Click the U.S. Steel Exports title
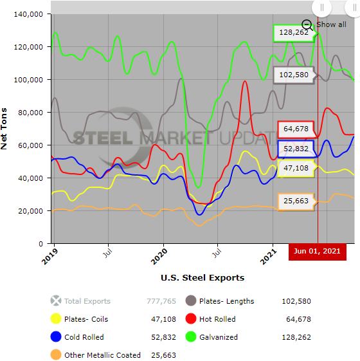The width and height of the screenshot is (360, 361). pyautogui.click(x=203, y=278)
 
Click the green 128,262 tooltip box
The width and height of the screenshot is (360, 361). pyautogui.click(x=293, y=32)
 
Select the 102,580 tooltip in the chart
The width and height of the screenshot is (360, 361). pyautogui.click(x=294, y=75)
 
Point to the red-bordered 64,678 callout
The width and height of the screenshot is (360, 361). pyautogui.click(x=296, y=129)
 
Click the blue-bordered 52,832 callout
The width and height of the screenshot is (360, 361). pyautogui.click(x=296, y=149)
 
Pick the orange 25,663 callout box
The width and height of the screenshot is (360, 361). pyautogui.click(x=296, y=201)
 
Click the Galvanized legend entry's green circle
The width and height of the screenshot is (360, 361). pyautogui.click(x=191, y=337)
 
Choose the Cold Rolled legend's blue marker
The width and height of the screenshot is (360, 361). pyautogui.click(x=56, y=337)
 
